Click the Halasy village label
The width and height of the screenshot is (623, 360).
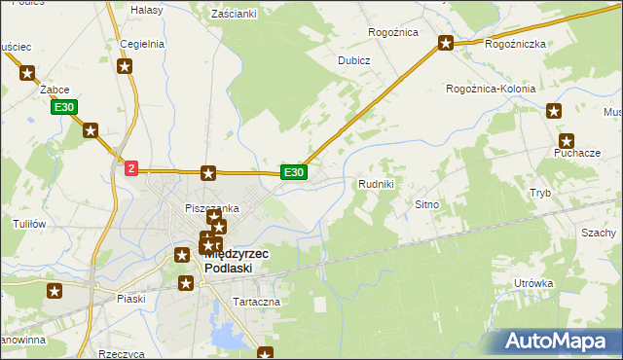146,9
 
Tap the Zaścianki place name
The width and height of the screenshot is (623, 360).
233,14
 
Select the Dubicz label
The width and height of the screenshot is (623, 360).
354,59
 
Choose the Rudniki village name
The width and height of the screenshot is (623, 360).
376,184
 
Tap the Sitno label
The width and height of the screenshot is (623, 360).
428,205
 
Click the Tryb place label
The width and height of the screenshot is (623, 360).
539,193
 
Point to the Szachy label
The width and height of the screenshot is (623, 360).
599,234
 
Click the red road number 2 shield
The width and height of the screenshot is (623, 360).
131,168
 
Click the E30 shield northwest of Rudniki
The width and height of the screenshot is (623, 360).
294,172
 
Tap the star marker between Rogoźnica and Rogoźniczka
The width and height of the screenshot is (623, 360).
446,42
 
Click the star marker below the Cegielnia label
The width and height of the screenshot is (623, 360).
125,66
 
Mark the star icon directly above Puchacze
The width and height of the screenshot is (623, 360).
567,140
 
